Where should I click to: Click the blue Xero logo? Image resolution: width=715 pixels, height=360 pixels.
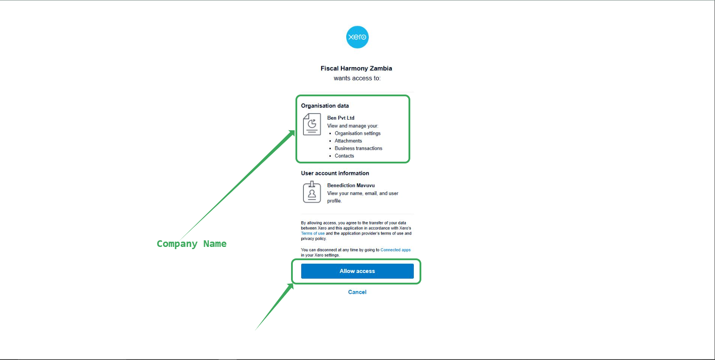(357, 37)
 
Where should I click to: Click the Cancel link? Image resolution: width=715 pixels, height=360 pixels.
(357, 292)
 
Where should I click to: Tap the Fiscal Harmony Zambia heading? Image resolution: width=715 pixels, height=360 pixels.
(356, 68)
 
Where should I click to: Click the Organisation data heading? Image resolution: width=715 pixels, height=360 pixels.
(325, 106)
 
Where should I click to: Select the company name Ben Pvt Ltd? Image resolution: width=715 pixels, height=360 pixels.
(340, 118)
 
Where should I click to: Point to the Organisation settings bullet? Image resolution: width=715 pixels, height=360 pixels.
(357, 133)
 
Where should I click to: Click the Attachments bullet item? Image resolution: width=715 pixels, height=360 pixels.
(348, 141)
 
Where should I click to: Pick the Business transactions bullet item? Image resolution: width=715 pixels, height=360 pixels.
(358, 148)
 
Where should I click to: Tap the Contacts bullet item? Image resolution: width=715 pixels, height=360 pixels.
(344, 156)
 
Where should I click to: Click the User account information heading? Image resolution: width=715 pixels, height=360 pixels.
(335, 173)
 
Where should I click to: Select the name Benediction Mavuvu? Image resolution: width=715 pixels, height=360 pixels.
(351, 186)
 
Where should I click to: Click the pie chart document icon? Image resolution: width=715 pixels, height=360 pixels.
(312, 124)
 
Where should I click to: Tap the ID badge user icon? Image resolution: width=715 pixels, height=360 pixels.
(312, 192)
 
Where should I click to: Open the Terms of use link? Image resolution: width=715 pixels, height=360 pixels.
(313, 234)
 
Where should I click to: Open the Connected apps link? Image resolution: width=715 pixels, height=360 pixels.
(395, 250)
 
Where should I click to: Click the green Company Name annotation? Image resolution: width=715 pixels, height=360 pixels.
(192, 244)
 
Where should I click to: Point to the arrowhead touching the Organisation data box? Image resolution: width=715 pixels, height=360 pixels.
(292, 133)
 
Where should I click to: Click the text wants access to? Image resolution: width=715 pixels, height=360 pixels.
(357, 78)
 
